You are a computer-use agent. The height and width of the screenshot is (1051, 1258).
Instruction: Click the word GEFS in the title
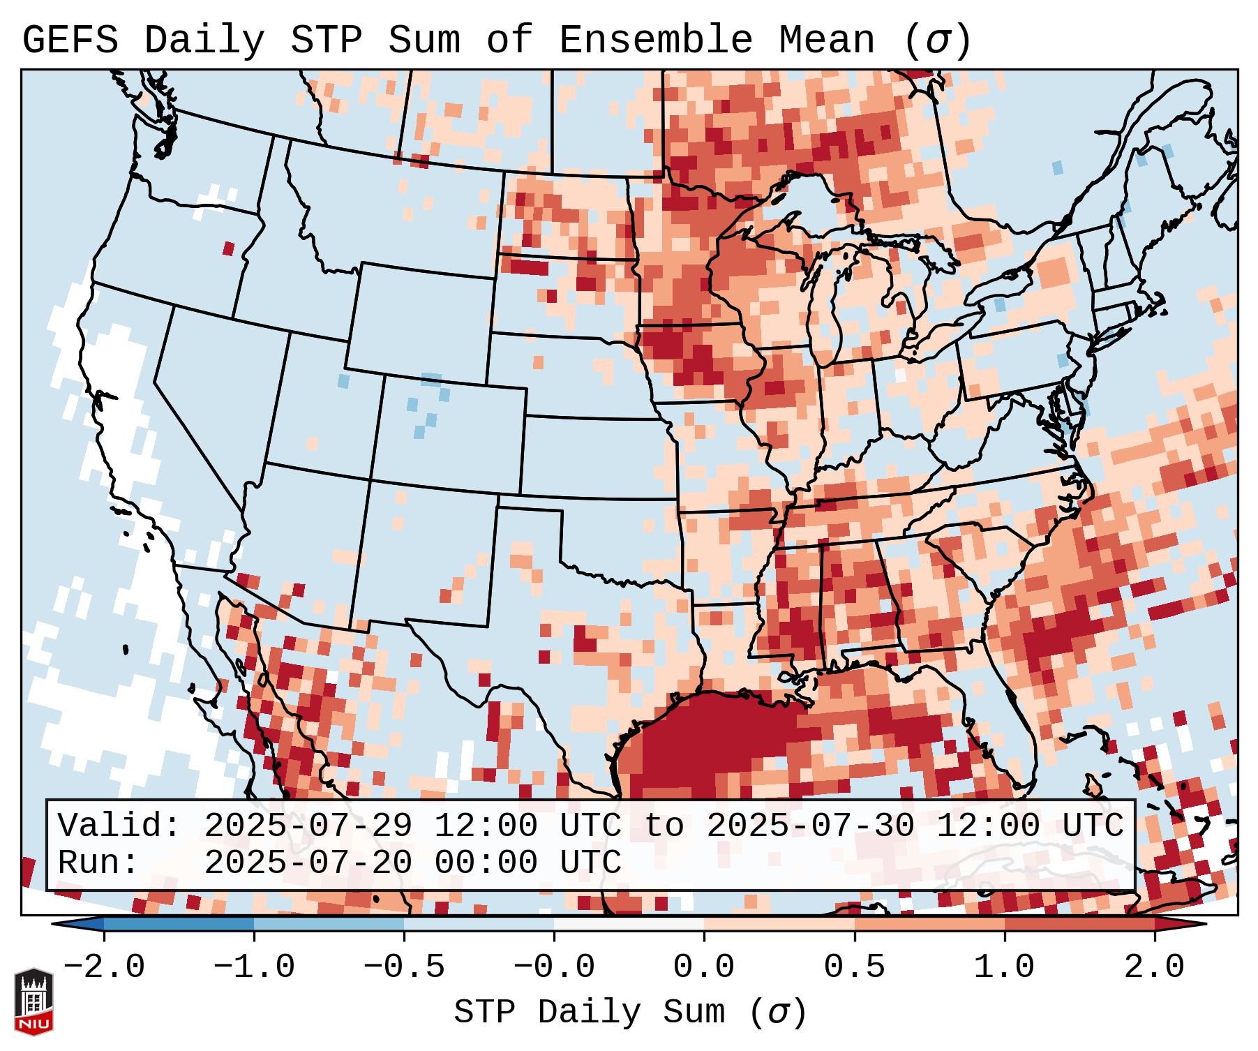tap(70, 40)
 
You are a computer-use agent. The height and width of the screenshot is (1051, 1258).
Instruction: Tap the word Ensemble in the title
tap(655, 40)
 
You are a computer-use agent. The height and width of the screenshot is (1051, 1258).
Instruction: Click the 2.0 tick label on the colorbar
tap(1154, 967)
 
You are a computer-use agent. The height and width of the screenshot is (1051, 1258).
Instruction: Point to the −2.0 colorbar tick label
tap(104, 967)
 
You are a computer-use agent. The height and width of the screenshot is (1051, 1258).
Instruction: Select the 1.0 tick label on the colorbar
tap(1004, 967)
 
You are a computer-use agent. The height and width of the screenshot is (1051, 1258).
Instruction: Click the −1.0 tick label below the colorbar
tap(254, 967)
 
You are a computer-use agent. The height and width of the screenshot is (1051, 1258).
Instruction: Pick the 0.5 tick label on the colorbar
tap(854, 967)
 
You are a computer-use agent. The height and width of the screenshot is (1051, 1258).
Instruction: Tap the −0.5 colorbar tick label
tap(404, 967)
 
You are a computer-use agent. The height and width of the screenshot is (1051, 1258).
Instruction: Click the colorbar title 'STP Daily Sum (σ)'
tap(629, 1012)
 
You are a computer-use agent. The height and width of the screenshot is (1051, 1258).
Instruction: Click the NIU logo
tap(33, 1001)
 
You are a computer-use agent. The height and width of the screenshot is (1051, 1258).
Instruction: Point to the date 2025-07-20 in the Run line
tap(308, 863)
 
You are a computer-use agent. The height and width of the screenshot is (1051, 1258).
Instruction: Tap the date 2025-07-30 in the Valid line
tap(810, 826)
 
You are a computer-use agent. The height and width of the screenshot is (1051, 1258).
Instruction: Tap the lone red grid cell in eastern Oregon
tap(229, 248)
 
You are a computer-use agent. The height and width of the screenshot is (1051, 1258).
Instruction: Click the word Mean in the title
tap(826, 40)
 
